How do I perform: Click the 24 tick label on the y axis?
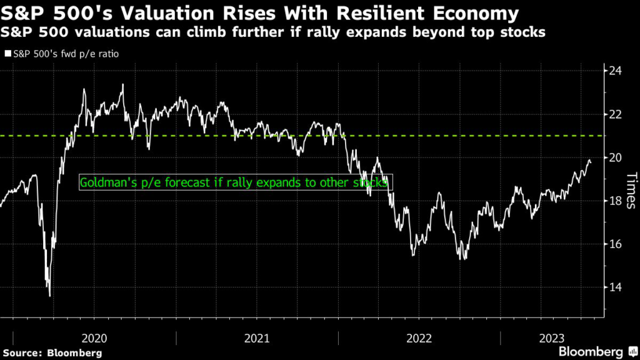point(616,71)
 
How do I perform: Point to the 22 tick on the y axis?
point(616,114)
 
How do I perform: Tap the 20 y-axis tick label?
point(616,157)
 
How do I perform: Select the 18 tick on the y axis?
point(616,201)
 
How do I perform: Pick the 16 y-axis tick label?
point(616,244)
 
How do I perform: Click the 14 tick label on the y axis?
point(616,287)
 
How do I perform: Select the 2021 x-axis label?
point(257,338)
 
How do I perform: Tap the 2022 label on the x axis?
point(419,338)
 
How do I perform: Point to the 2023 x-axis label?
point(551,338)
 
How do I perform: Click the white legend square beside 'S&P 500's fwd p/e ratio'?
point(7,54)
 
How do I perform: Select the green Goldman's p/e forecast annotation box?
point(235,182)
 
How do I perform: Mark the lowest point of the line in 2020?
point(49,296)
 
